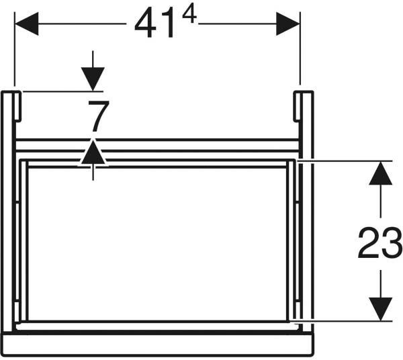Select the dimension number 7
99,116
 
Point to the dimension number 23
379,242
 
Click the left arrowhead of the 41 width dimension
27,24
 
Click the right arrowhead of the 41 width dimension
288,24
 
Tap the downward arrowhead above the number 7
93,79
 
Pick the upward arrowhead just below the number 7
93,152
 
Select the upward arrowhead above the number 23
381,173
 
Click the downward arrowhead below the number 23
381,309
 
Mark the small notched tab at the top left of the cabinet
17,106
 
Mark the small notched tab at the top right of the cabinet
297,106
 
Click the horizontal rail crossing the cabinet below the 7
157,146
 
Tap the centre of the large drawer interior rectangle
157,244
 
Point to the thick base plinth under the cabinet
157,345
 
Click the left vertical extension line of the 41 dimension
15,49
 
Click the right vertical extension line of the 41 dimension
300,48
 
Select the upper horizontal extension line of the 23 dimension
345,161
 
